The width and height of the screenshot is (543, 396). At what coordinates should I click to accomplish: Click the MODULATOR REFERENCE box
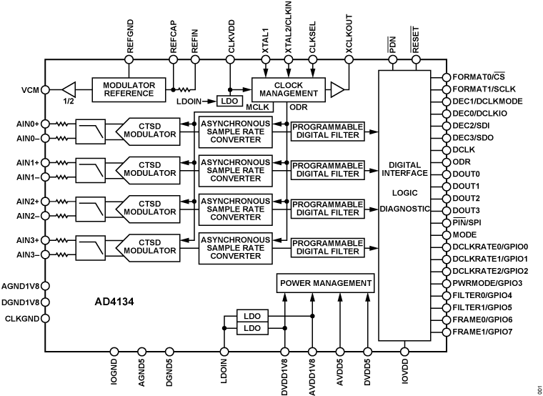tap(129, 89)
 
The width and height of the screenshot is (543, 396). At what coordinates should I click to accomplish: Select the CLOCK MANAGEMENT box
tap(289, 89)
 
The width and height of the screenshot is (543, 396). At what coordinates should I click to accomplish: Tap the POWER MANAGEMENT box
tap(326, 283)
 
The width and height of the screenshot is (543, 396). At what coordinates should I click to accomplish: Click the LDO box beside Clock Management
tap(229, 102)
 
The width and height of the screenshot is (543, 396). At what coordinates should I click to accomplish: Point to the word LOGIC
tap(404, 193)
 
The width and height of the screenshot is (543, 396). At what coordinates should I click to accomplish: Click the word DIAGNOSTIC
tap(404, 209)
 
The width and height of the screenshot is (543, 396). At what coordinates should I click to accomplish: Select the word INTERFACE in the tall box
tap(404, 173)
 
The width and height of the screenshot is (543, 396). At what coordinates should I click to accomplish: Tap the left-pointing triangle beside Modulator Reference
tap(69, 89)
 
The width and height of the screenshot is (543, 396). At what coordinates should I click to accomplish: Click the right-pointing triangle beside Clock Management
tap(337, 89)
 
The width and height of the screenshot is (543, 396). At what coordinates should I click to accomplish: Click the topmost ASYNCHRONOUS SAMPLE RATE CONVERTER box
tap(235, 132)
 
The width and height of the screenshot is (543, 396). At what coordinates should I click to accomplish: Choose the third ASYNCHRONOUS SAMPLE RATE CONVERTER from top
tap(235, 209)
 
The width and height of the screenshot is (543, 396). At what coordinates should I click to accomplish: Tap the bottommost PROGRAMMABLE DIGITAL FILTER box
tap(327, 247)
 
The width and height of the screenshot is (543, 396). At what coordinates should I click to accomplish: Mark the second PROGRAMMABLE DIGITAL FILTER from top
tap(327, 170)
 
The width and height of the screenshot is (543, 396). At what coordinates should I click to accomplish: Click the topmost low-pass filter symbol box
tap(91, 131)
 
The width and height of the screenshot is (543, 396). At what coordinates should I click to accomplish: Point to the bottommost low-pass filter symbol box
tap(91, 247)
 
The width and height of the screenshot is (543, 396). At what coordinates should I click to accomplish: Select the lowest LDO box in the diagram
tap(252, 328)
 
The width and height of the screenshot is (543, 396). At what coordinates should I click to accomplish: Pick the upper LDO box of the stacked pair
tap(252, 316)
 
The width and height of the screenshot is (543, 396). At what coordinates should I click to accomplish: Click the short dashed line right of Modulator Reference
tap(185, 89)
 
